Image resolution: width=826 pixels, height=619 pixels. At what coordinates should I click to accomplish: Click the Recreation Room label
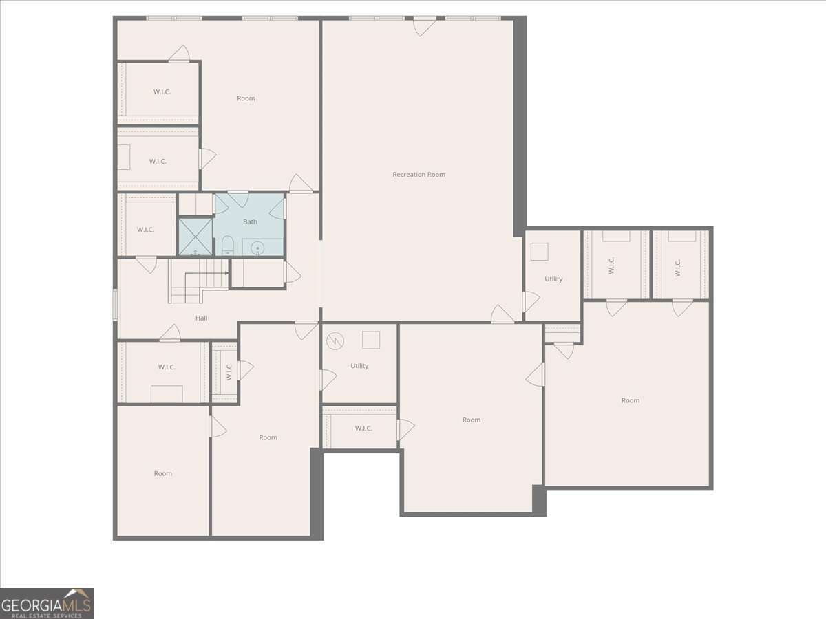(419, 175)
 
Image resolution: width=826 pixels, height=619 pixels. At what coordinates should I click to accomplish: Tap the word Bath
(251, 221)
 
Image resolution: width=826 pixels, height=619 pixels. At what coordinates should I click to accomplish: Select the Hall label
(201, 318)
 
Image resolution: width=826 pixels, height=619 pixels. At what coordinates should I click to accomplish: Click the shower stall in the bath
(195, 237)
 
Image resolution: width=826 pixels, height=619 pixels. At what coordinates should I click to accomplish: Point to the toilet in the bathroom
(228, 245)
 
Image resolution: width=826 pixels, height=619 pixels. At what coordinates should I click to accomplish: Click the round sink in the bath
(257, 248)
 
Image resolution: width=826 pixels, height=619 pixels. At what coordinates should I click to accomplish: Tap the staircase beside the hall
(199, 281)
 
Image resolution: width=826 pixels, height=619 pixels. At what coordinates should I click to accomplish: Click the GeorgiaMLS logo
(47, 603)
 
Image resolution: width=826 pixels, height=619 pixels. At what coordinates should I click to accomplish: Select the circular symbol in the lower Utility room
(335, 341)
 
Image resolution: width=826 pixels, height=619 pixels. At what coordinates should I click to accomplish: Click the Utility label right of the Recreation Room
(553, 279)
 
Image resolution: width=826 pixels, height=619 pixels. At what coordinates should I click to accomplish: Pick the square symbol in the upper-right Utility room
(539, 252)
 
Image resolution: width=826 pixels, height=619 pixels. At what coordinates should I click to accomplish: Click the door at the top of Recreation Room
(425, 26)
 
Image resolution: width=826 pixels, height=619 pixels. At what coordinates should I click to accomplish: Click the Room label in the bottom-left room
(163, 474)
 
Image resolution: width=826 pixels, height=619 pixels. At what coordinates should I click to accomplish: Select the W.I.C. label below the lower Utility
(363, 428)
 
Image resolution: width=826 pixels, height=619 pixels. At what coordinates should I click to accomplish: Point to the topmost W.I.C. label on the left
(162, 91)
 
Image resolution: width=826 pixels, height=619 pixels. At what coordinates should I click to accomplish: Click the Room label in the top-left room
(246, 98)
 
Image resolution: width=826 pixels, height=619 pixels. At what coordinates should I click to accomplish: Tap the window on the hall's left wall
(116, 305)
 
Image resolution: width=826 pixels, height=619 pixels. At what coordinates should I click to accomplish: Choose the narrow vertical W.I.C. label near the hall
(229, 371)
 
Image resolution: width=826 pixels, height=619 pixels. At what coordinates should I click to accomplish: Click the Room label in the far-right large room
(631, 400)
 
